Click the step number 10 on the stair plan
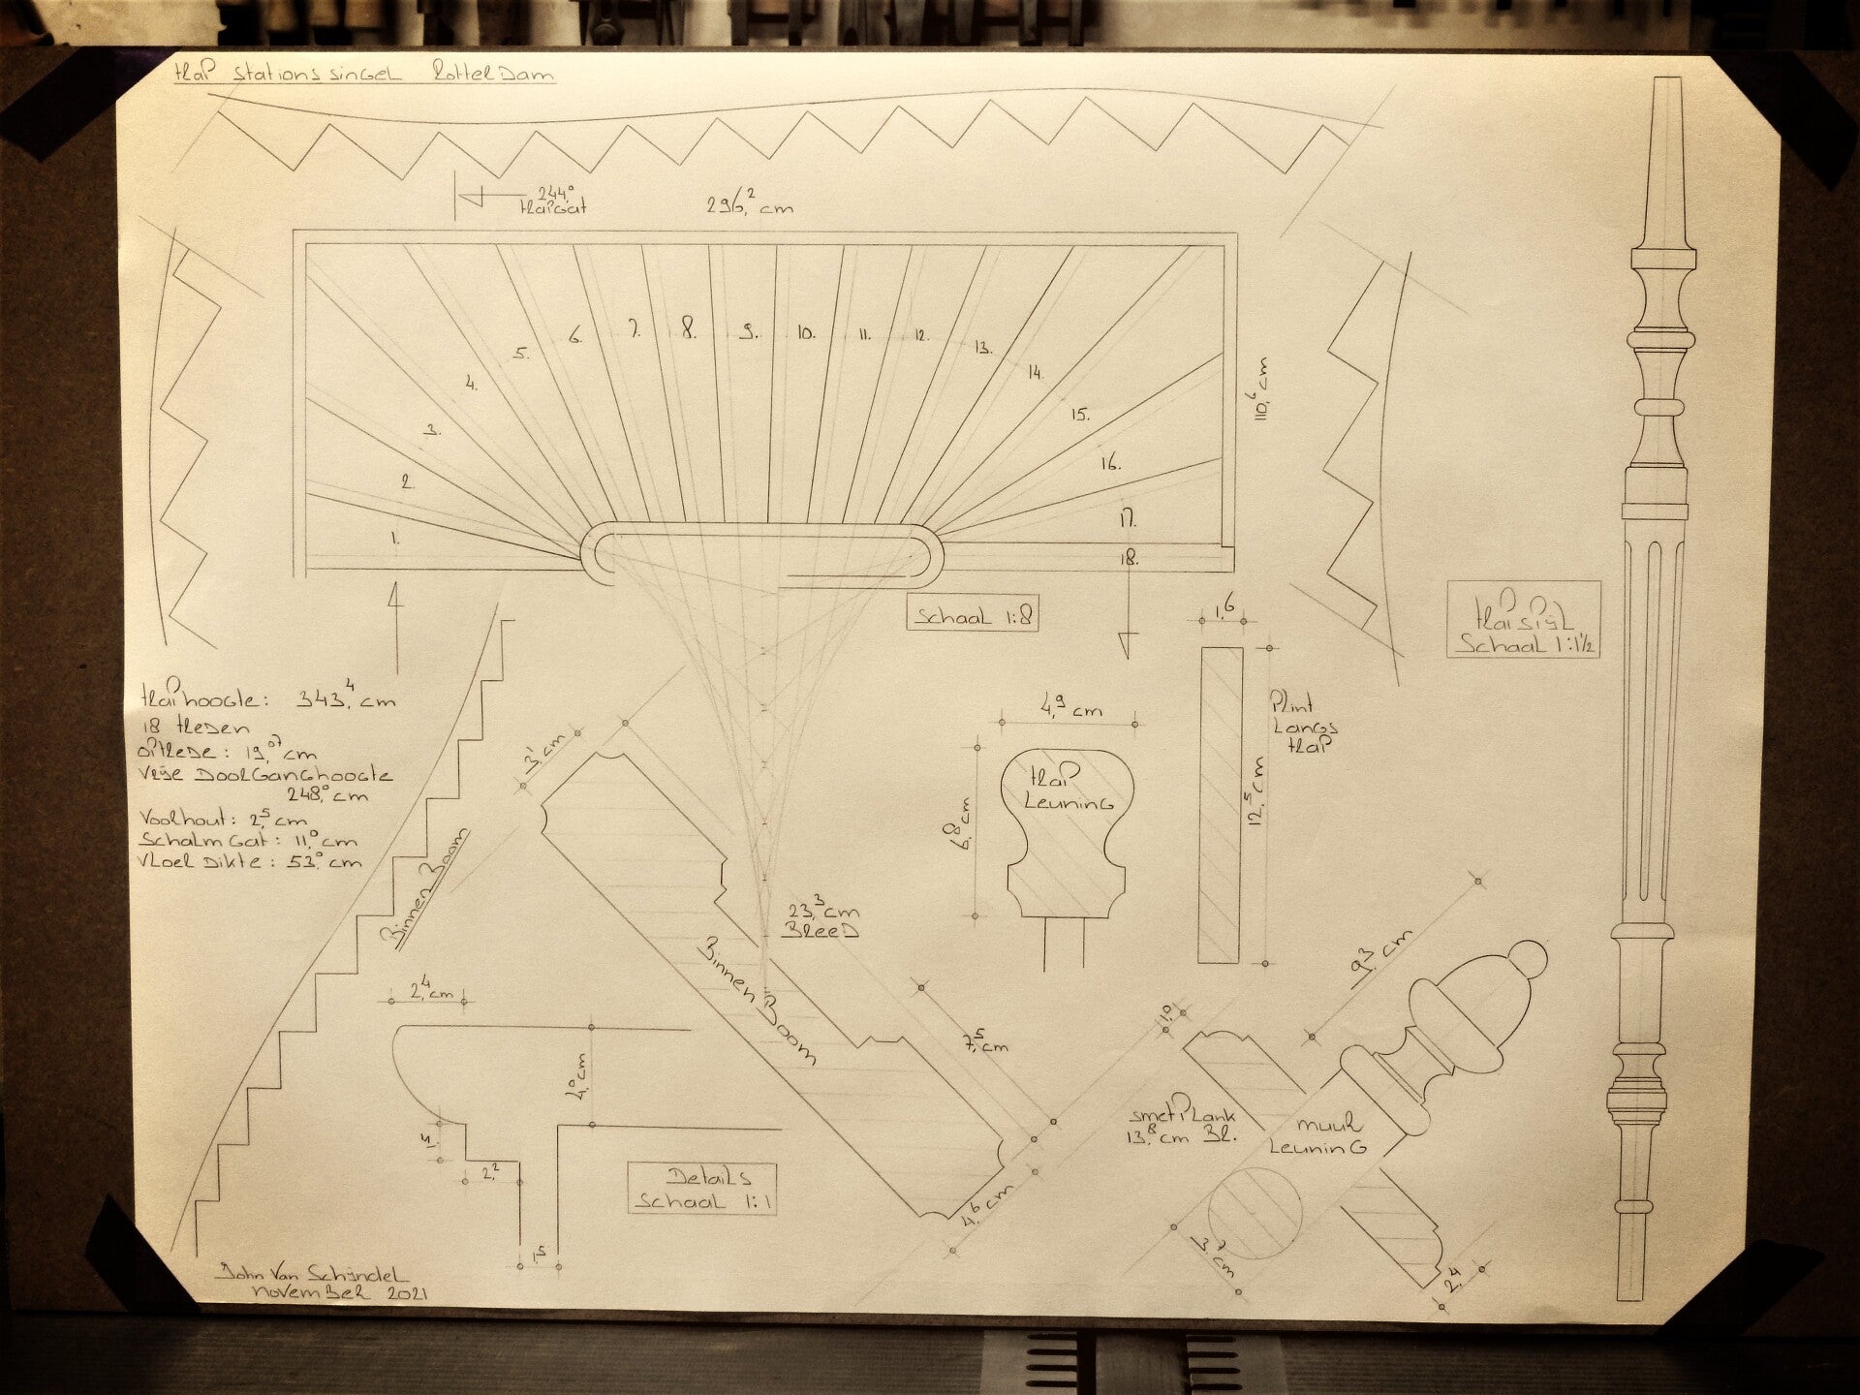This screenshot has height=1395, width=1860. (x=805, y=333)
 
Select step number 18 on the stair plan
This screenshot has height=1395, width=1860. (x=1129, y=559)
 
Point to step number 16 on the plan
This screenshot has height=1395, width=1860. (x=1110, y=463)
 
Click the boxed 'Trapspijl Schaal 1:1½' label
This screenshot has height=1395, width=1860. (x=1522, y=619)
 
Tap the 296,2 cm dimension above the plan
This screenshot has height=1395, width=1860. (x=749, y=206)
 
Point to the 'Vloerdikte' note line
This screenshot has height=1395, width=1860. (x=250, y=861)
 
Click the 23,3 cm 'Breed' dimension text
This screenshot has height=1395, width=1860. (x=822, y=920)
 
